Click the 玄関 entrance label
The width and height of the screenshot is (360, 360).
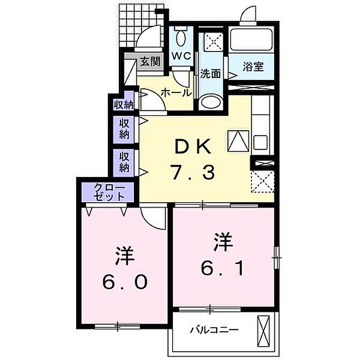[x=151, y=61]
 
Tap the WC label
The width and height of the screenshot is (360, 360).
[x=181, y=55]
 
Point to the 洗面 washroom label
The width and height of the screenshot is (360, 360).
[x=211, y=74]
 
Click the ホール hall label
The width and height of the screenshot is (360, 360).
[x=176, y=93]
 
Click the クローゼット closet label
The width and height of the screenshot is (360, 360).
[x=109, y=192]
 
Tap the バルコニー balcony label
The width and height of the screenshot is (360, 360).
[x=214, y=329]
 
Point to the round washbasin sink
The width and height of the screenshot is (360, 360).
[x=210, y=101]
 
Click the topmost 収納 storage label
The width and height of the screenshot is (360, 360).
[x=124, y=104]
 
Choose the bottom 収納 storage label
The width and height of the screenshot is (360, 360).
[x=124, y=161]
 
